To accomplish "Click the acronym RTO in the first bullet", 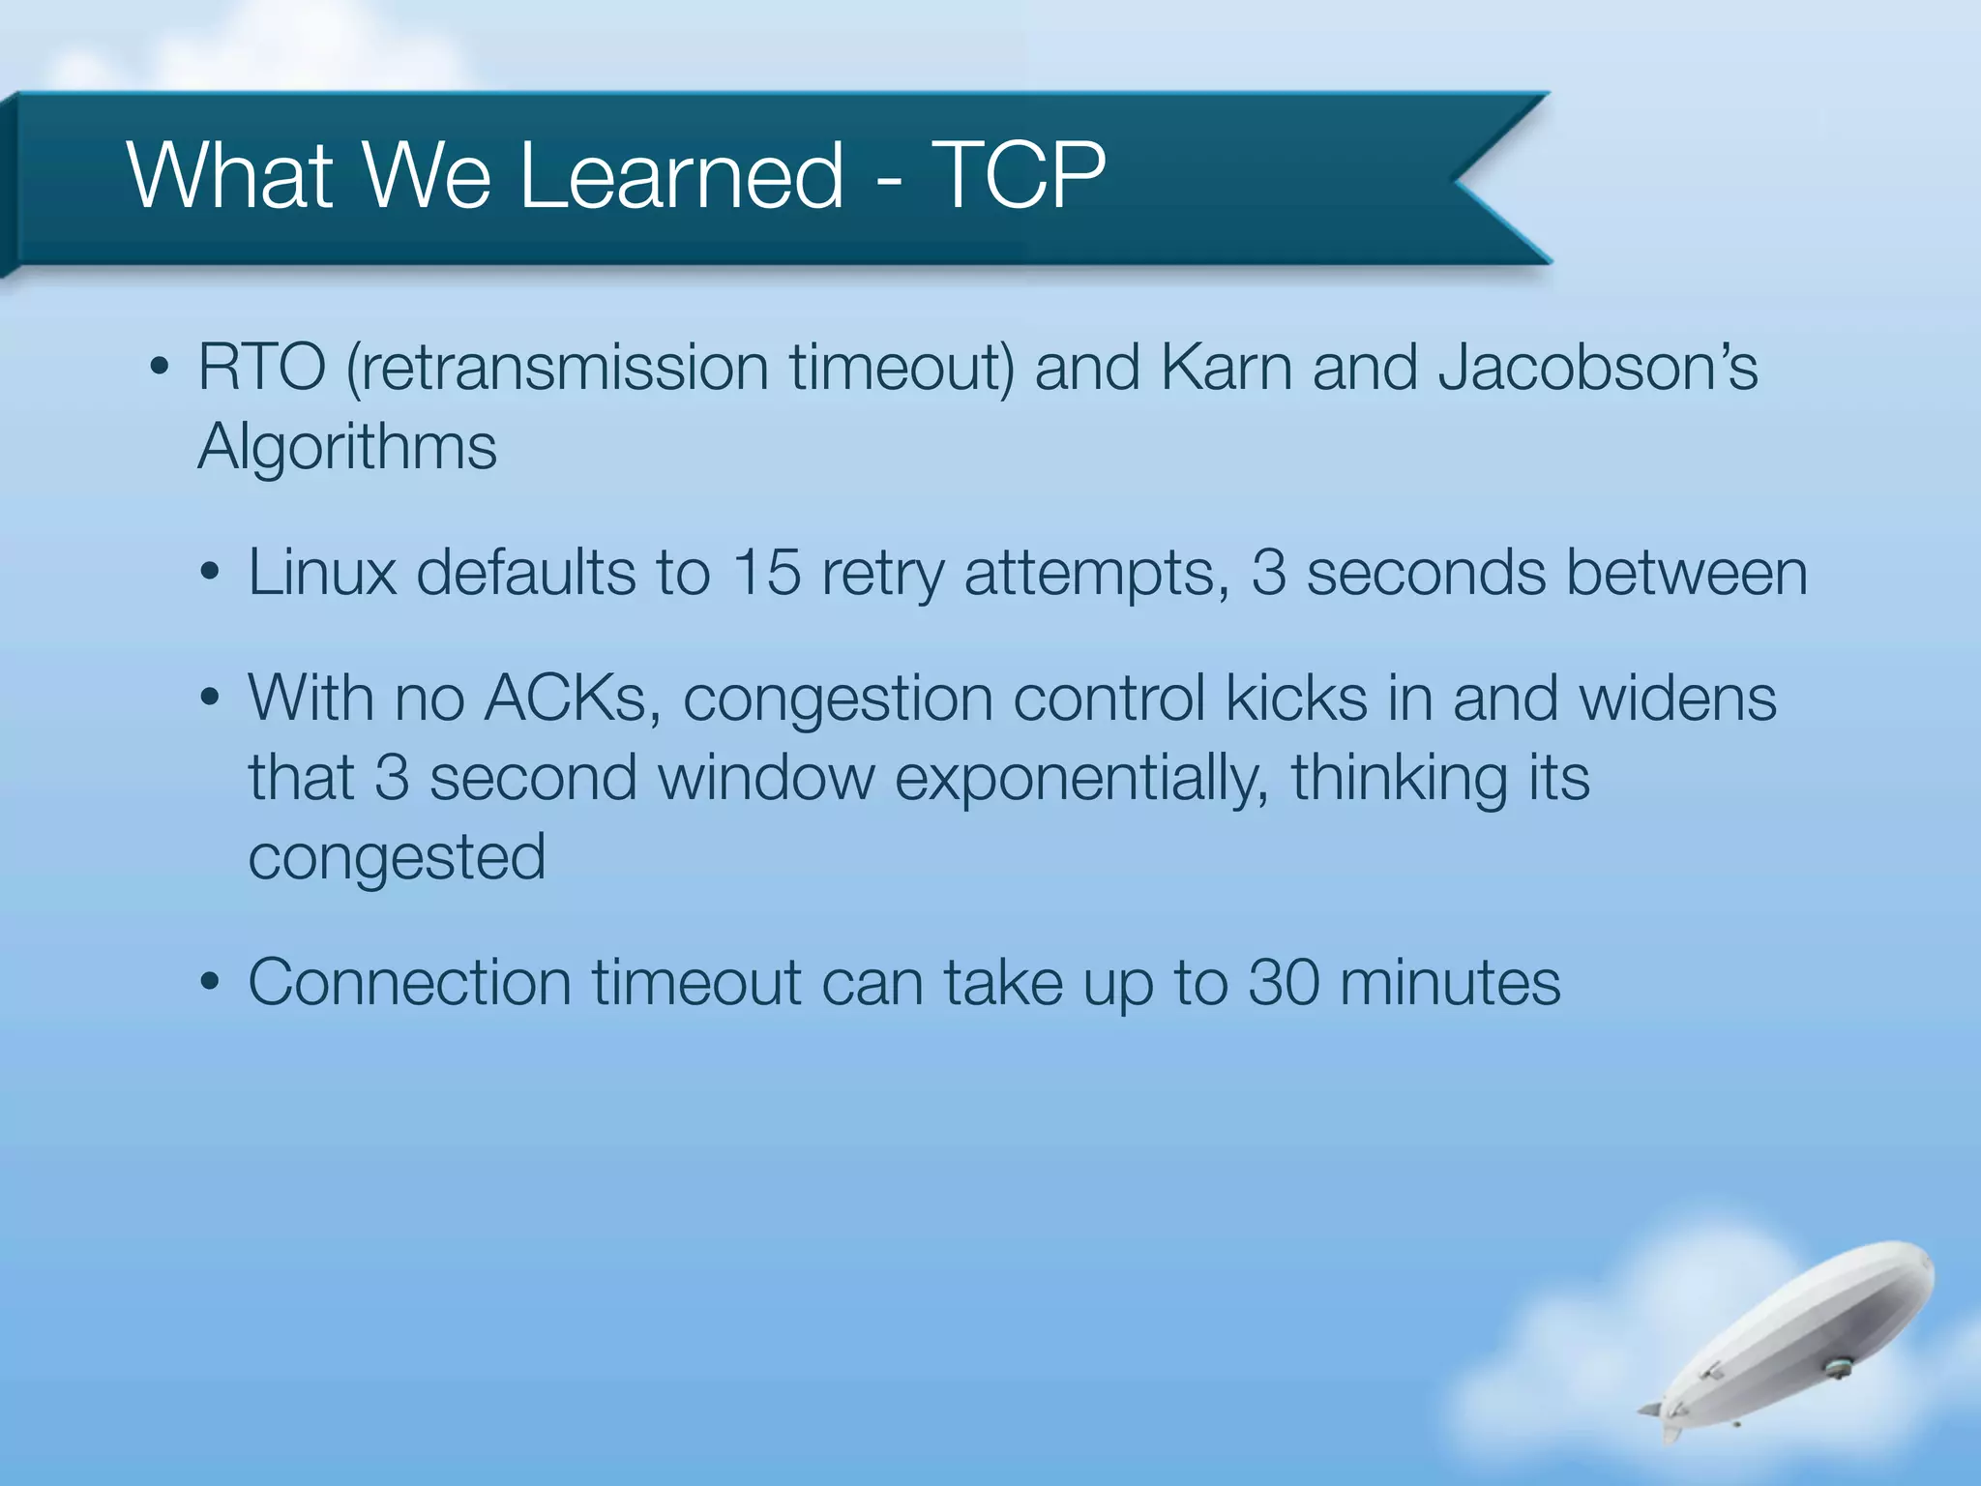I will click(x=262, y=369).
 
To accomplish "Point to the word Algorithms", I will click(x=347, y=448).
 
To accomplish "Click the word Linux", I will click(x=322, y=573).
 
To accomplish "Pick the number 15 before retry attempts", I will click(x=766, y=573).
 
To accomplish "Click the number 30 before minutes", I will click(x=1284, y=983).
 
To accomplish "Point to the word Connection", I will click(x=410, y=983).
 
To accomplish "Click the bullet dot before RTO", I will click(x=160, y=369).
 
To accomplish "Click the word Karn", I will click(x=1226, y=369).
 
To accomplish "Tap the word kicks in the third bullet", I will click(x=1296, y=698).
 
